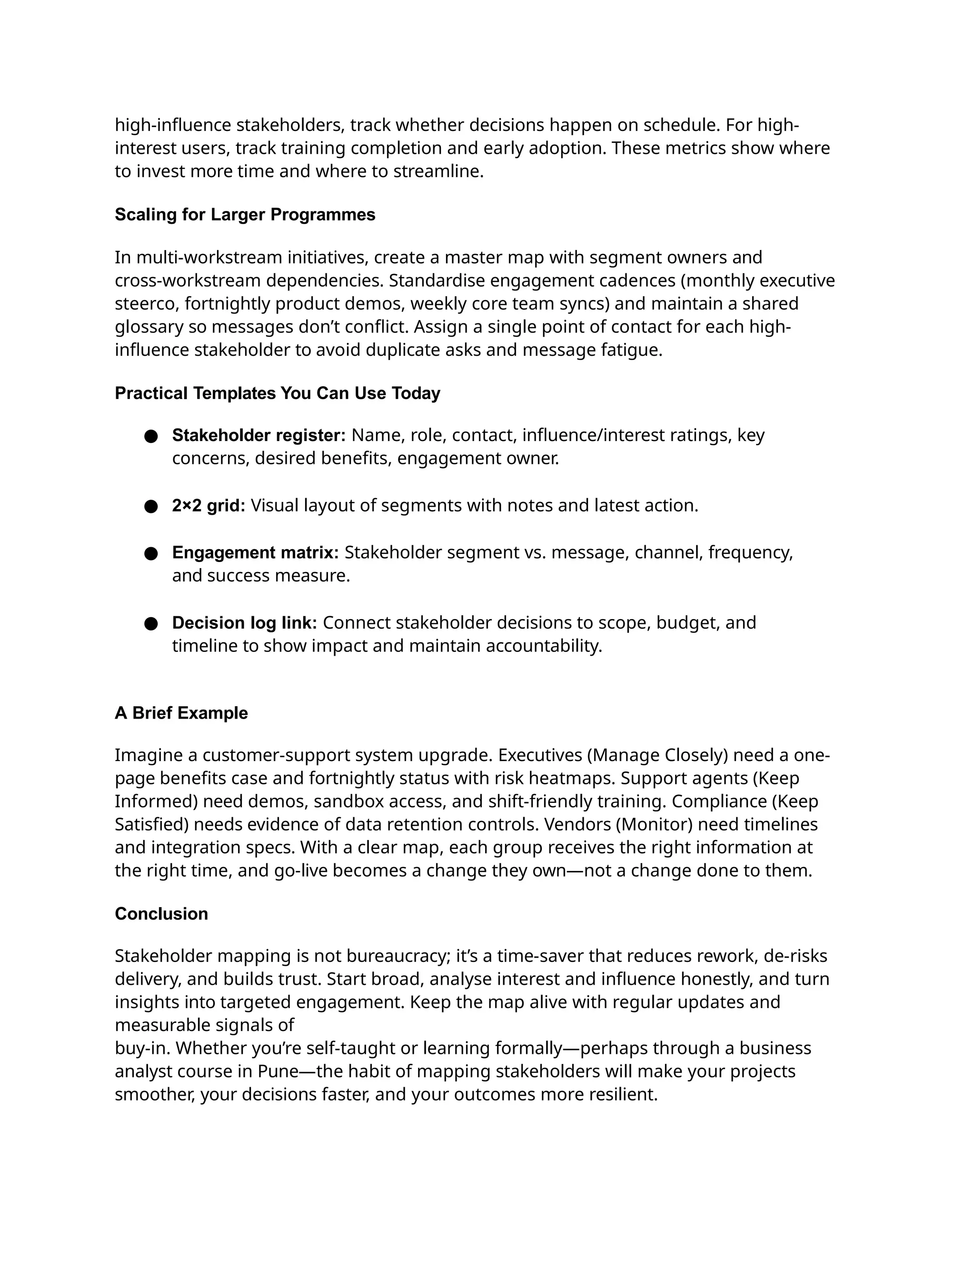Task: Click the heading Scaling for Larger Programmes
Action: coord(245,214)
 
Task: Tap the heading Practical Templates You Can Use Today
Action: coord(277,393)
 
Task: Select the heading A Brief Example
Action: coord(181,712)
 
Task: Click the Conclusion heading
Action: coord(161,913)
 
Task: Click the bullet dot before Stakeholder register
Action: coord(151,436)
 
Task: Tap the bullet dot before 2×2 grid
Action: coord(151,507)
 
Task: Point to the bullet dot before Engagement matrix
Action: coord(151,553)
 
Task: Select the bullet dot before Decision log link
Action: coord(151,623)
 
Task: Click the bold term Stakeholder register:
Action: coord(258,435)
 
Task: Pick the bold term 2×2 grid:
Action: coord(209,506)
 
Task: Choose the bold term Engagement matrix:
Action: coord(255,552)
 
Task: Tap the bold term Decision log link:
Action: coord(244,622)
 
